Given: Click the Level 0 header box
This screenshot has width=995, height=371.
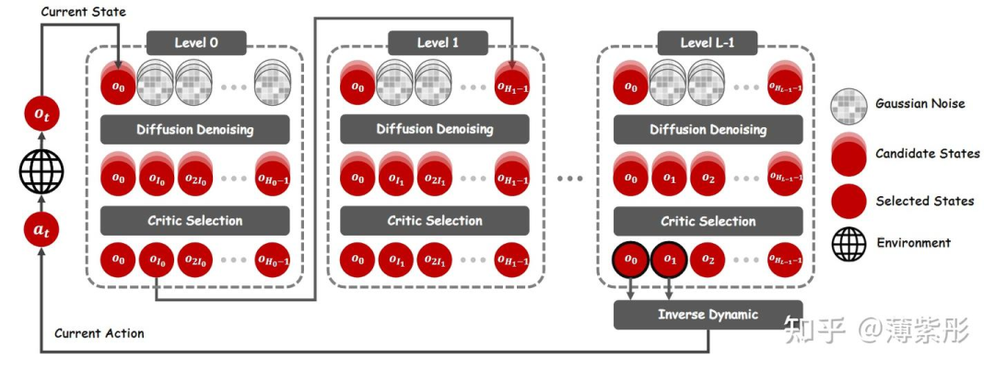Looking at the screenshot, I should pyautogui.click(x=196, y=43).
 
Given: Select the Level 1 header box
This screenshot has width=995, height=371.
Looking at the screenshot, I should pyautogui.click(x=437, y=43).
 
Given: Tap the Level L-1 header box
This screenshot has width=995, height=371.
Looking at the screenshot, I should pyautogui.click(x=708, y=43).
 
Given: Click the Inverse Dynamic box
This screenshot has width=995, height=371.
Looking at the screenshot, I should pyautogui.click(x=708, y=315).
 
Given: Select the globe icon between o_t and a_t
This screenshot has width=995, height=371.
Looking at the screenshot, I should pyautogui.click(x=41, y=173).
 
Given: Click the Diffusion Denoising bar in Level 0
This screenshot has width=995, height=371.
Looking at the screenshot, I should pyautogui.click(x=194, y=130).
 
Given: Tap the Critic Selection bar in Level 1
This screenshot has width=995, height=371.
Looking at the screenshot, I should pyautogui.click(x=435, y=221).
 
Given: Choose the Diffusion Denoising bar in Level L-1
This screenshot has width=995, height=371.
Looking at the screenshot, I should pyautogui.click(x=708, y=130).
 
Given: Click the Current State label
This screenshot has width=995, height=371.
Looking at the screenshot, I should pyautogui.click(x=84, y=12).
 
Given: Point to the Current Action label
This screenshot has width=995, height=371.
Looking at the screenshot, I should pyautogui.click(x=99, y=333).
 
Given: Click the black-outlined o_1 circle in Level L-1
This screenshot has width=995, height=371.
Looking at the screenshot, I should pyautogui.click(x=670, y=261).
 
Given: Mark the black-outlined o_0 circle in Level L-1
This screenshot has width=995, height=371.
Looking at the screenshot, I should pyautogui.click(x=630, y=261).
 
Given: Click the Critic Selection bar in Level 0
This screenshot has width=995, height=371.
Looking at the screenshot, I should pyautogui.click(x=194, y=221).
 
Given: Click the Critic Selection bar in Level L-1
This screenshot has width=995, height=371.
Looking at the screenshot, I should pyautogui.click(x=708, y=221).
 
